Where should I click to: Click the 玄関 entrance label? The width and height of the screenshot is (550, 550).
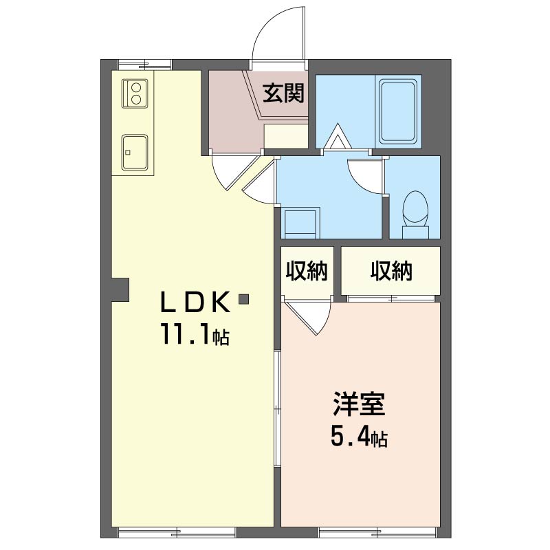[x=283, y=93]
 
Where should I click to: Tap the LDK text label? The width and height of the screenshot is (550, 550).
[x=195, y=302]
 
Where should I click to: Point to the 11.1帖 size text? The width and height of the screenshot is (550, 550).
[x=195, y=335]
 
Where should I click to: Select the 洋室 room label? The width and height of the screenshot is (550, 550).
[x=359, y=404]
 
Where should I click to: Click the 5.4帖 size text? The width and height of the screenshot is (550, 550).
[x=359, y=437]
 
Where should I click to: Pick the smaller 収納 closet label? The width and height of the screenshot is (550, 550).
[x=307, y=271]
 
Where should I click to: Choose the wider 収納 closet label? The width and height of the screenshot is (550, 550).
[x=390, y=271]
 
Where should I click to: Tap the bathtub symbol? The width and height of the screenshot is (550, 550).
[x=398, y=111]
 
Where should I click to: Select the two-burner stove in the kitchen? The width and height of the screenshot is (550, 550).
[x=135, y=93]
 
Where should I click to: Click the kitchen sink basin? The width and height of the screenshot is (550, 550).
[x=135, y=152]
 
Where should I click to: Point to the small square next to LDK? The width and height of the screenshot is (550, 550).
[x=243, y=299]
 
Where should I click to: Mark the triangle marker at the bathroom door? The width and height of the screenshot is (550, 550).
[x=338, y=136]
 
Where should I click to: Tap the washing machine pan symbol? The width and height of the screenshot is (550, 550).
[x=300, y=223]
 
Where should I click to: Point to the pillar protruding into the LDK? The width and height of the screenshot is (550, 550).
[x=120, y=289]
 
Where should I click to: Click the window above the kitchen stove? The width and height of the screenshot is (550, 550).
[x=144, y=65]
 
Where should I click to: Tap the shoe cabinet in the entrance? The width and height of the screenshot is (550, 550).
[x=286, y=135]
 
